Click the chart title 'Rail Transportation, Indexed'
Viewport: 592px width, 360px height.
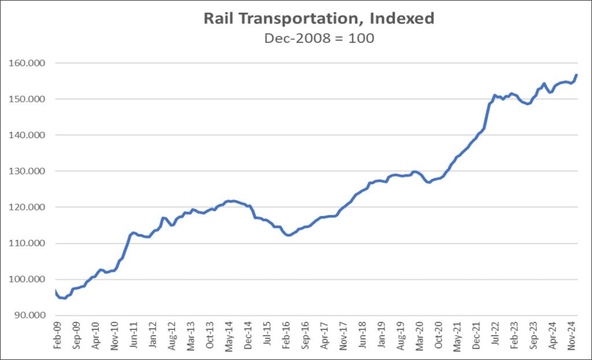(319, 18)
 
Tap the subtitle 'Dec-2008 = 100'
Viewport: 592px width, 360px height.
(319, 39)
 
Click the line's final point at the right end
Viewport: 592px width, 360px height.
(577, 75)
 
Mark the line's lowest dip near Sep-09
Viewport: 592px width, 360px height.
(64, 298)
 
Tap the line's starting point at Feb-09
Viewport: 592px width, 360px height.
(55, 291)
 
